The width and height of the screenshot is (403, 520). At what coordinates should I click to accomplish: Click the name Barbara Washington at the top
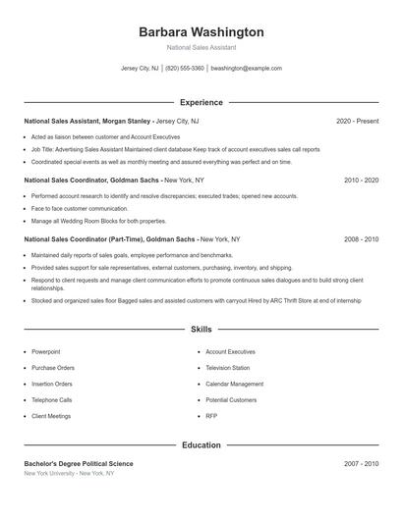(201, 32)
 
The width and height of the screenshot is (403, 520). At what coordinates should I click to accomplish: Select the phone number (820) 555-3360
(185, 69)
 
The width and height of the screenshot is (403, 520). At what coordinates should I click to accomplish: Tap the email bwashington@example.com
(246, 69)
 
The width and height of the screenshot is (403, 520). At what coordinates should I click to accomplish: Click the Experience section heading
(201, 102)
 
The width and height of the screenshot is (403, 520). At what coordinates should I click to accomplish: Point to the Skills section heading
(201, 330)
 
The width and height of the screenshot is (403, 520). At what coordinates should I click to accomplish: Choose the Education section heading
(201, 444)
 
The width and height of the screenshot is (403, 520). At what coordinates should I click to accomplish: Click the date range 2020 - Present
(357, 121)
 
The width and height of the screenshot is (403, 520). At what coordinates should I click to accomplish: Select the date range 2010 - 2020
(361, 181)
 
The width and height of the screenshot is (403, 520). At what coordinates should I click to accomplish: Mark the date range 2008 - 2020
(361, 238)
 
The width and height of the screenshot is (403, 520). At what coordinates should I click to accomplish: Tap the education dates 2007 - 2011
(361, 463)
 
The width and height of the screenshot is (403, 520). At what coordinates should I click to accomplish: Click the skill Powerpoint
(46, 351)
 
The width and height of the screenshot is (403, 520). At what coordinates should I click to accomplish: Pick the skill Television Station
(228, 368)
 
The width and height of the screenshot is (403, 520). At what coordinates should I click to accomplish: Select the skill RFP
(211, 416)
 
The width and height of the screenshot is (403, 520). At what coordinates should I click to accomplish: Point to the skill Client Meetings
(51, 416)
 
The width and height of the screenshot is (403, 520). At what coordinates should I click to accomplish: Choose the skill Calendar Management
(234, 384)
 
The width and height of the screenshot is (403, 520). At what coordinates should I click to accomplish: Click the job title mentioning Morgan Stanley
(111, 121)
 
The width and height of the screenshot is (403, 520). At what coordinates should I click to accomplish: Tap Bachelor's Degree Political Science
(79, 463)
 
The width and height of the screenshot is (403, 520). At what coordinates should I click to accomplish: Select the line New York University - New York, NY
(69, 473)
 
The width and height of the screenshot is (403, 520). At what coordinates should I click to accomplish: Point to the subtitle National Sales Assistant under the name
(201, 47)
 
